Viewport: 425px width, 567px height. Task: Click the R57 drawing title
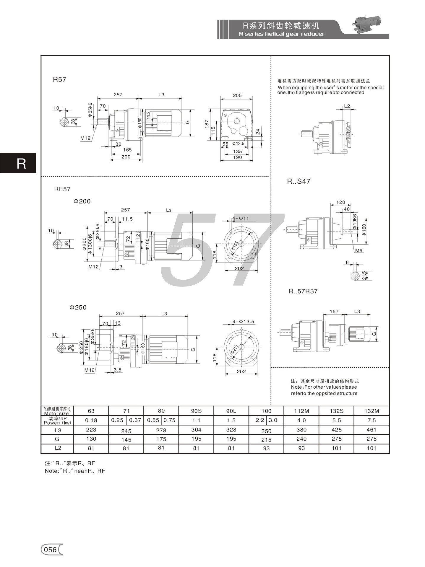59,79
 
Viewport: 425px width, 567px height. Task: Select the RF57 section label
62,189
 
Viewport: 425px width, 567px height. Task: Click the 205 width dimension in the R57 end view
237,95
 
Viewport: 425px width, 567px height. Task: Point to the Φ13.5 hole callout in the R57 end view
238,144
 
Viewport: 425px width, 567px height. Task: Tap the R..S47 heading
299,181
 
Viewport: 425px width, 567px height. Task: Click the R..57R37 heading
303,291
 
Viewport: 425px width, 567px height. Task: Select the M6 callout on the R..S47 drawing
359,250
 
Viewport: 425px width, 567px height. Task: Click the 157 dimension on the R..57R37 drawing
334,311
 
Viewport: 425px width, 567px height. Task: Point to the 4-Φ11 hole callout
241,218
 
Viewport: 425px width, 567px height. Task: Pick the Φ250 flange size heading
78,307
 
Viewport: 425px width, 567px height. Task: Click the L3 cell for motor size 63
91,430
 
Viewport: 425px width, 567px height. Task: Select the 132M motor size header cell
372,411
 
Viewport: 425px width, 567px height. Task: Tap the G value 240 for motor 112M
301,439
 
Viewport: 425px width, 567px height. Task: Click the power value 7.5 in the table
372,420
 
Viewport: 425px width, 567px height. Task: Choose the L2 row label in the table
58,448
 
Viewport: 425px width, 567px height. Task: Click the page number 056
50,550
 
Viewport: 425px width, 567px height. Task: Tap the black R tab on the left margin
18,163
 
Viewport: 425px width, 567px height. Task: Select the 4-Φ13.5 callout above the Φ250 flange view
243,322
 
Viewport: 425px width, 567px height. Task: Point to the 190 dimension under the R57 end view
237,157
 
